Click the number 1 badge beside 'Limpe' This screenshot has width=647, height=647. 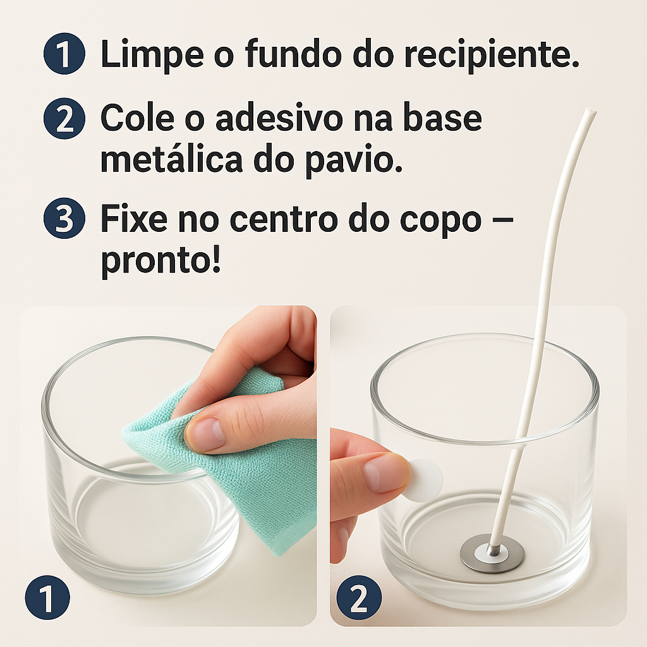(x=64, y=54)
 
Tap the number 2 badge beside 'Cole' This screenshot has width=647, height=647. (x=64, y=118)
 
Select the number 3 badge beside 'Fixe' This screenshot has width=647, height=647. (x=64, y=218)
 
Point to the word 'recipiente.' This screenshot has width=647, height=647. (x=466, y=56)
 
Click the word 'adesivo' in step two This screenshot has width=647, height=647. (x=279, y=118)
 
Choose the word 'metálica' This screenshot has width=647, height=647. (x=172, y=159)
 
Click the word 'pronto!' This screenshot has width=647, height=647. (x=161, y=261)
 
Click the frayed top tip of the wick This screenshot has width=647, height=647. (x=591, y=111)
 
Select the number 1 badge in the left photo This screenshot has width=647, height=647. (x=47, y=597)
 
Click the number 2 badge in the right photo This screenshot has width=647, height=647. (x=359, y=597)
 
